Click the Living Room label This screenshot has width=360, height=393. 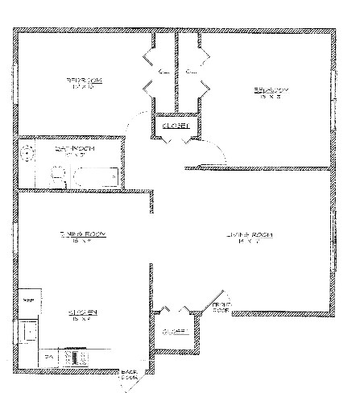click(249, 234)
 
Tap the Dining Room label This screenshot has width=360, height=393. click(82, 234)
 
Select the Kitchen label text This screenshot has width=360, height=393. click(82, 312)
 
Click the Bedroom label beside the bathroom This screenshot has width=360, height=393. click(82, 81)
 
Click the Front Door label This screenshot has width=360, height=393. click(221, 306)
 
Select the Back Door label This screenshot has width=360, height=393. click(128, 374)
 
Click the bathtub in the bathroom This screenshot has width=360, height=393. click(95, 175)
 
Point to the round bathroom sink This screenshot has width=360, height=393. click(27, 152)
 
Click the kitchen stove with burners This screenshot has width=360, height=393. click(78, 356)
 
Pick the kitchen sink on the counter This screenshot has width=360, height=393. click(30, 330)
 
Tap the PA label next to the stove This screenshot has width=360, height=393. click(48, 356)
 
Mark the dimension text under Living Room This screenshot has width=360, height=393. click(249, 242)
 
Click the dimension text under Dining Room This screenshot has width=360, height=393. click(82, 242)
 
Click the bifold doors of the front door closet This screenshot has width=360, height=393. click(174, 312)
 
